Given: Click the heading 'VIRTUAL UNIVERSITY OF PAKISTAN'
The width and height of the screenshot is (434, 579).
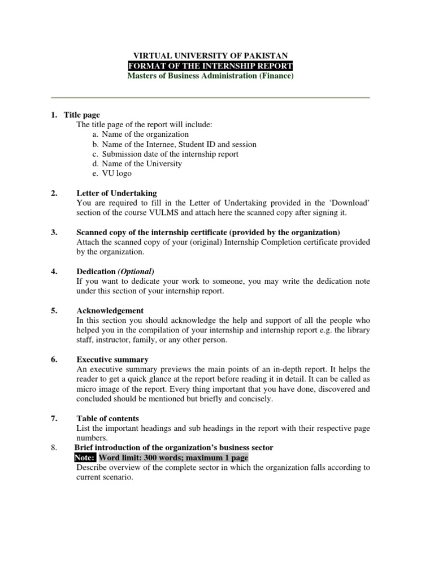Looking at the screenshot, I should pos(210,55).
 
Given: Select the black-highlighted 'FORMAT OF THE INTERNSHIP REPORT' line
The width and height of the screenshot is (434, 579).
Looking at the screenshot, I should pos(210,66).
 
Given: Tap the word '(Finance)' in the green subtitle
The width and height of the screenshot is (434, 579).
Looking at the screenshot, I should pos(276,76).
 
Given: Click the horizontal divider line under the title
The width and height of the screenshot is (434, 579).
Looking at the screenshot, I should pos(210,98).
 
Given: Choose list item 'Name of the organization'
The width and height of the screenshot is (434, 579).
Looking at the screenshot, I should pos(145,135).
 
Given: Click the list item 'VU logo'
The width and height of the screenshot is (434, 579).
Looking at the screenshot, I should pos(119,173).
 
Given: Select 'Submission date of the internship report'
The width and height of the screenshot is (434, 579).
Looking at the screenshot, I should pos(170,154).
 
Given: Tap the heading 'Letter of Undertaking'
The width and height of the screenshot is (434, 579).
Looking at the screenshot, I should pos(117,193).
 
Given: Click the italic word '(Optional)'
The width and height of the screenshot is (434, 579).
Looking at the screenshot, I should pos(136,271).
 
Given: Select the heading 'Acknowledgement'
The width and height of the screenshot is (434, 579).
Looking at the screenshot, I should pos(110,310).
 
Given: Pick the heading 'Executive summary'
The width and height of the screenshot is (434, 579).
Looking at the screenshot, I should pos(112,360).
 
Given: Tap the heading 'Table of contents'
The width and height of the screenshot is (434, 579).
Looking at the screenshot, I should pos(107,418).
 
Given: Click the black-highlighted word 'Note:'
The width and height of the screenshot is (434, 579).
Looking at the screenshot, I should pos(85,457).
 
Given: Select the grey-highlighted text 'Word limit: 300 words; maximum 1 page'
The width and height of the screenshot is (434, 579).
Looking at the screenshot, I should pos(173,457).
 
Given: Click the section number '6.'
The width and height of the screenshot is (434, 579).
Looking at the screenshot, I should pos(54,360).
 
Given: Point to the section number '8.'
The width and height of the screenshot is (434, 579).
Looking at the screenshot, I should pos(54,448).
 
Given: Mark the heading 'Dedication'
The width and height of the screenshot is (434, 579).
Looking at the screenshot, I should pos(96,271).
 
